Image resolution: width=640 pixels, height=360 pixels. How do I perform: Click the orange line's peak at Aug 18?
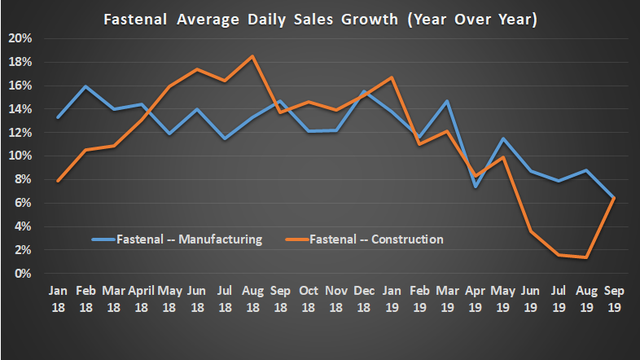(252, 56)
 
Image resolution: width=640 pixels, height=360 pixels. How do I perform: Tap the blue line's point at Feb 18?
(85, 86)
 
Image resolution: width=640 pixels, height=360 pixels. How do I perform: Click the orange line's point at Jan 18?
(58, 181)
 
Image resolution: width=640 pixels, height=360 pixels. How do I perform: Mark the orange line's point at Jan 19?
(392, 77)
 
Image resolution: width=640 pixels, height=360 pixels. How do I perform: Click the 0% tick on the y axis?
(23, 274)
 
